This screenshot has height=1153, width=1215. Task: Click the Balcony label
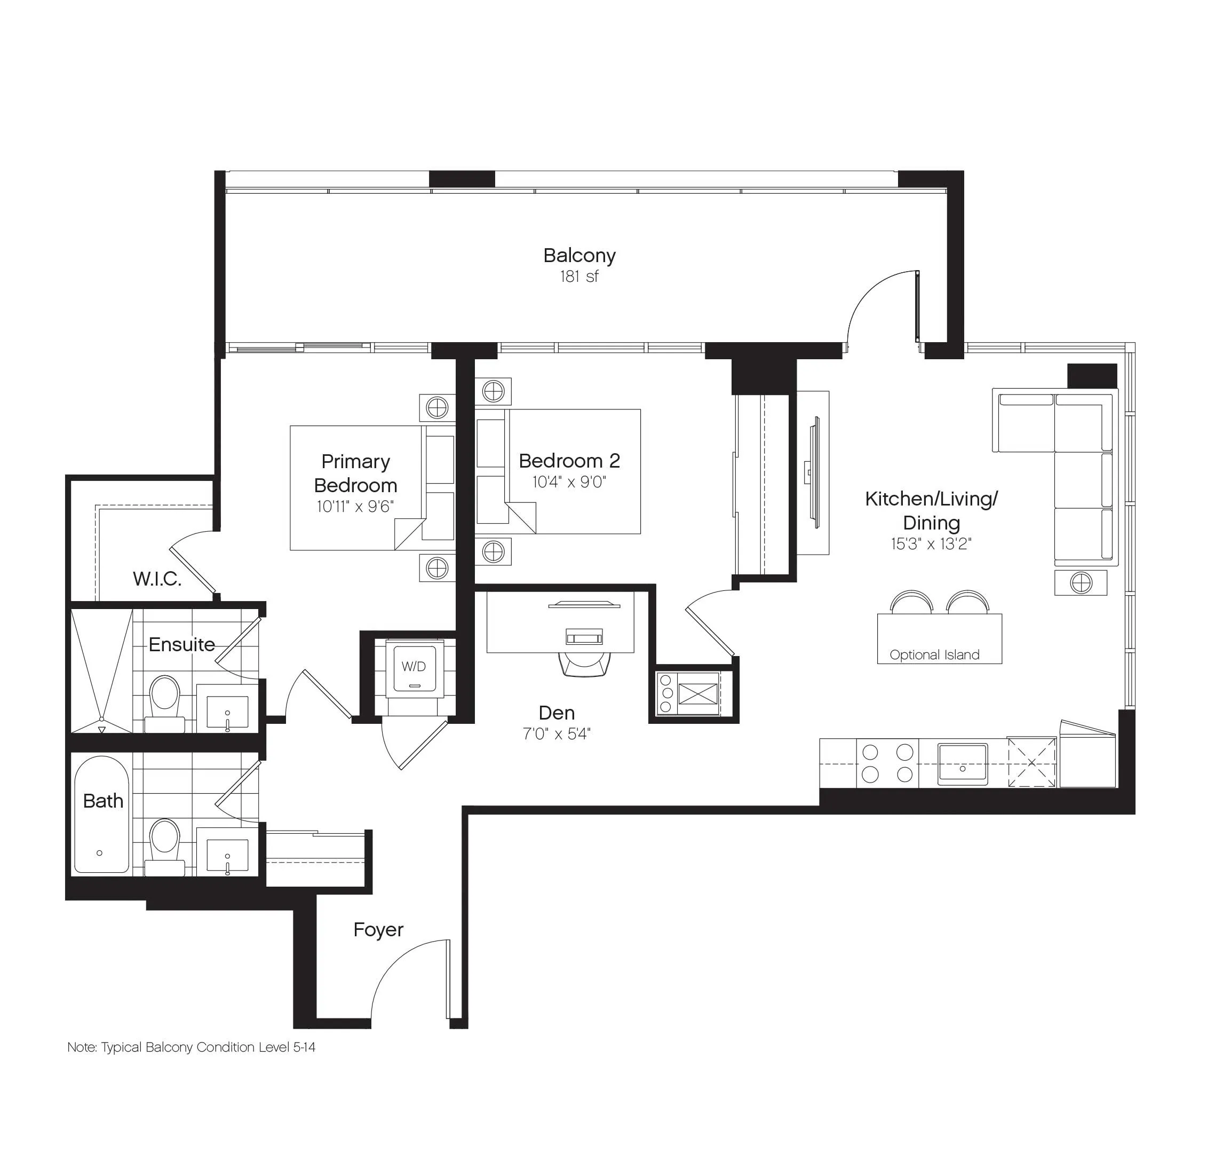click(x=579, y=256)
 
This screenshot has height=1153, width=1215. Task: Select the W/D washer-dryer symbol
click(x=414, y=667)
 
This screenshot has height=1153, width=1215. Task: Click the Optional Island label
click(x=934, y=654)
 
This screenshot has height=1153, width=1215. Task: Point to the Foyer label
click(x=378, y=929)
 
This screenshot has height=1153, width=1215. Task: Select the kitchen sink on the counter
click(x=963, y=764)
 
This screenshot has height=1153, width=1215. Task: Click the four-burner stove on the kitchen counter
click(x=887, y=763)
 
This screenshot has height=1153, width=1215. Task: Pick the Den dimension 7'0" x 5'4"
click(x=557, y=734)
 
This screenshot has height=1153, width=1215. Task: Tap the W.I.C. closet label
click(x=157, y=579)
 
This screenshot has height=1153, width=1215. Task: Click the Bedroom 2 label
click(x=569, y=461)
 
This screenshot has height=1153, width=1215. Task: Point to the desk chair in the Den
click(x=585, y=663)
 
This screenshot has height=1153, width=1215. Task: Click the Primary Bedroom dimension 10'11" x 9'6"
click(x=355, y=507)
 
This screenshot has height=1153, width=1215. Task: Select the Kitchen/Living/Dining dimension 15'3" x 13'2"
click(x=931, y=544)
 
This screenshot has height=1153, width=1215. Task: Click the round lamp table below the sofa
click(x=1081, y=583)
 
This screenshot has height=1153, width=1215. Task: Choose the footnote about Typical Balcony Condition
click(x=191, y=1047)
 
